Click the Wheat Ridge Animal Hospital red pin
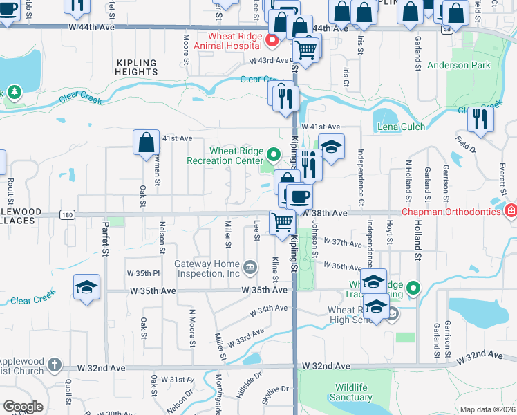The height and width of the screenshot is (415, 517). pos(272,40)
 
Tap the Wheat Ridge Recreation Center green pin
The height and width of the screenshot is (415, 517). pos(274,155)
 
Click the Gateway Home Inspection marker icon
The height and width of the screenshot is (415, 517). pos(250,265)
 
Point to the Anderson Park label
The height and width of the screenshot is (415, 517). pos(458,66)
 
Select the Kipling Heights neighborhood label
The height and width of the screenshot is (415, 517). pos(138,67)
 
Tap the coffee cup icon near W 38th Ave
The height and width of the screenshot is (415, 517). pos(299,197)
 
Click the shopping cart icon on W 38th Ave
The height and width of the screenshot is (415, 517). pos(282,223)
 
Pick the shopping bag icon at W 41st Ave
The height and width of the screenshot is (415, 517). pos(147,143)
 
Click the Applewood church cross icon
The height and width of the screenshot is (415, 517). pos(55,364)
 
